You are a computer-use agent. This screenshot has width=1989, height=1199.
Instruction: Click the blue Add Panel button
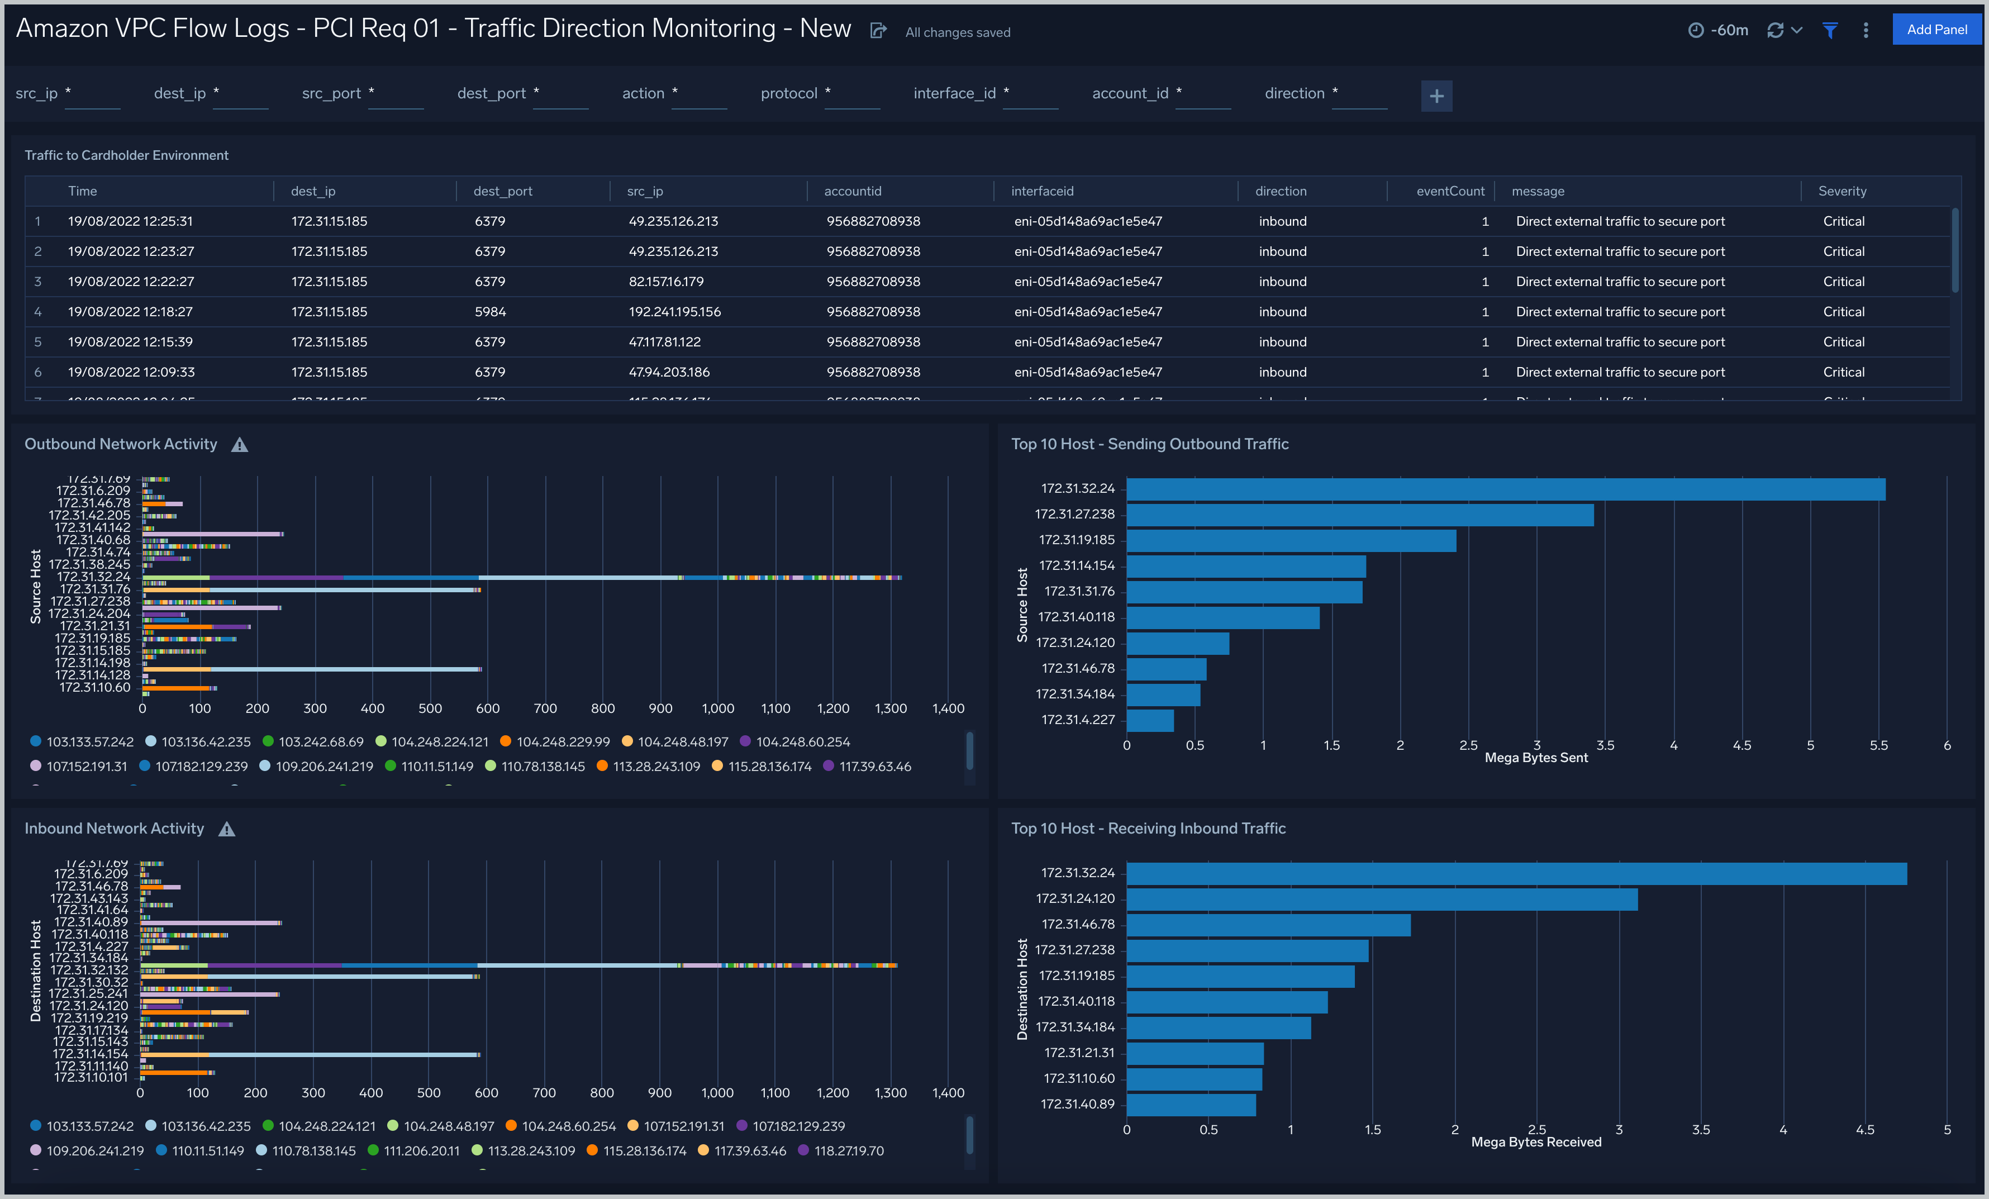point(1936,30)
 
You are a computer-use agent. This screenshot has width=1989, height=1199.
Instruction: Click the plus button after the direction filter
point(1436,96)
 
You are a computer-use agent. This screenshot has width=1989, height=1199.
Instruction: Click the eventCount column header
point(1450,191)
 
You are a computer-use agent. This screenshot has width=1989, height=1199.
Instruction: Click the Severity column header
point(1842,191)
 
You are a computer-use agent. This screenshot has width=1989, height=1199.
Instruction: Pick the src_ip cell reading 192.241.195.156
point(674,312)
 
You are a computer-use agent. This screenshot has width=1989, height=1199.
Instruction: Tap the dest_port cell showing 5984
point(490,312)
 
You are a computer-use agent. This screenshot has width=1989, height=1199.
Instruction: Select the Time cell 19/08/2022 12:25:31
point(130,221)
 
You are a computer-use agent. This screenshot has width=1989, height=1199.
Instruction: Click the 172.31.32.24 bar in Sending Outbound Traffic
point(1506,489)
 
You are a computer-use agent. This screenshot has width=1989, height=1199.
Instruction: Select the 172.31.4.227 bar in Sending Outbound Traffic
point(1149,720)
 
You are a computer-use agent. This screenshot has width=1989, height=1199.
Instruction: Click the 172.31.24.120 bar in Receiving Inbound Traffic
point(1381,900)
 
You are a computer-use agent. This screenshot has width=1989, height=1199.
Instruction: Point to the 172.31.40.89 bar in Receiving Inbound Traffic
point(1191,1105)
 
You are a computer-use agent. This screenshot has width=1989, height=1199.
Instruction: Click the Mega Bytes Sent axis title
point(1535,758)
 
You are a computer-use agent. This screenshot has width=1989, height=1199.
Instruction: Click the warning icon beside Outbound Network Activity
point(240,445)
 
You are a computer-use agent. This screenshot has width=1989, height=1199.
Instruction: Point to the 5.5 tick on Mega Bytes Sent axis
point(1878,745)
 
